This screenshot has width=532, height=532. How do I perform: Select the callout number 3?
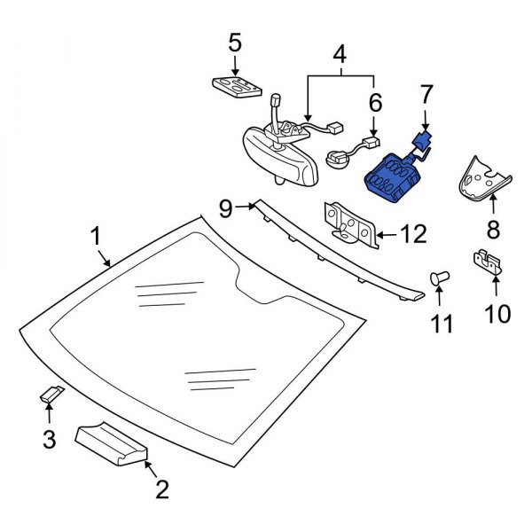pyautogui.click(x=50, y=437)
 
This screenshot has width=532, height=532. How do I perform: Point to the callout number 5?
pyautogui.click(x=234, y=42)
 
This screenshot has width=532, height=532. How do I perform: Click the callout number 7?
pyautogui.click(x=426, y=92)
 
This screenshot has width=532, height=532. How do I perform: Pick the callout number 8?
pyautogui.click(x=493, y=231)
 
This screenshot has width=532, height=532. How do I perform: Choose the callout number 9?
pyautogui.click(x=225, y=209)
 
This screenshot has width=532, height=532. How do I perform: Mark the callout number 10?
pyautogui.click(x=497, y=313)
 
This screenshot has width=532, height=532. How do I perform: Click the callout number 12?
pyautogui.click(x=414, y=234)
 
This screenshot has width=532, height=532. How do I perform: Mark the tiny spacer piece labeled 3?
pyautogui.click(x=53, y=395)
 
